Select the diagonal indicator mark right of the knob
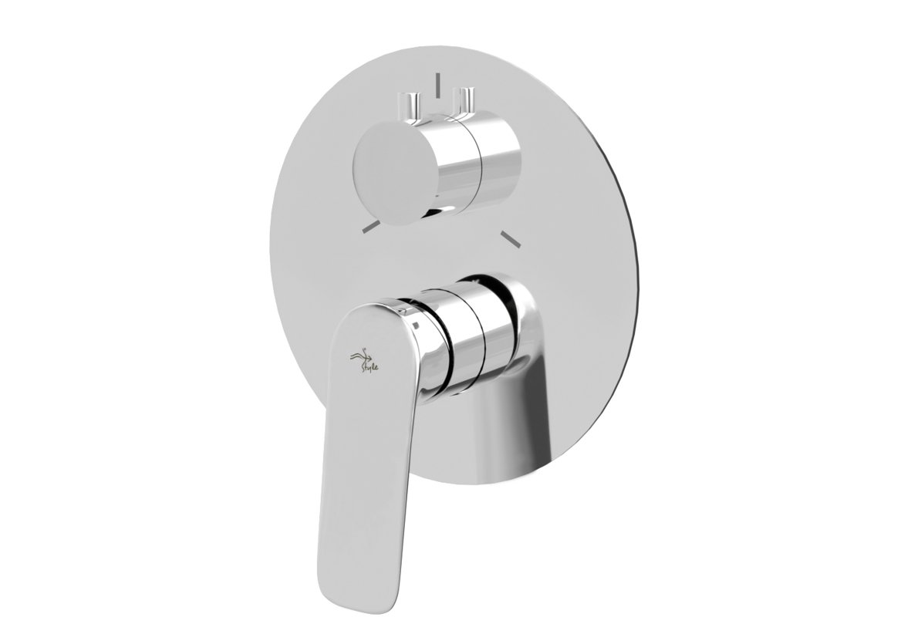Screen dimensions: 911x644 [x=510, y=238]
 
